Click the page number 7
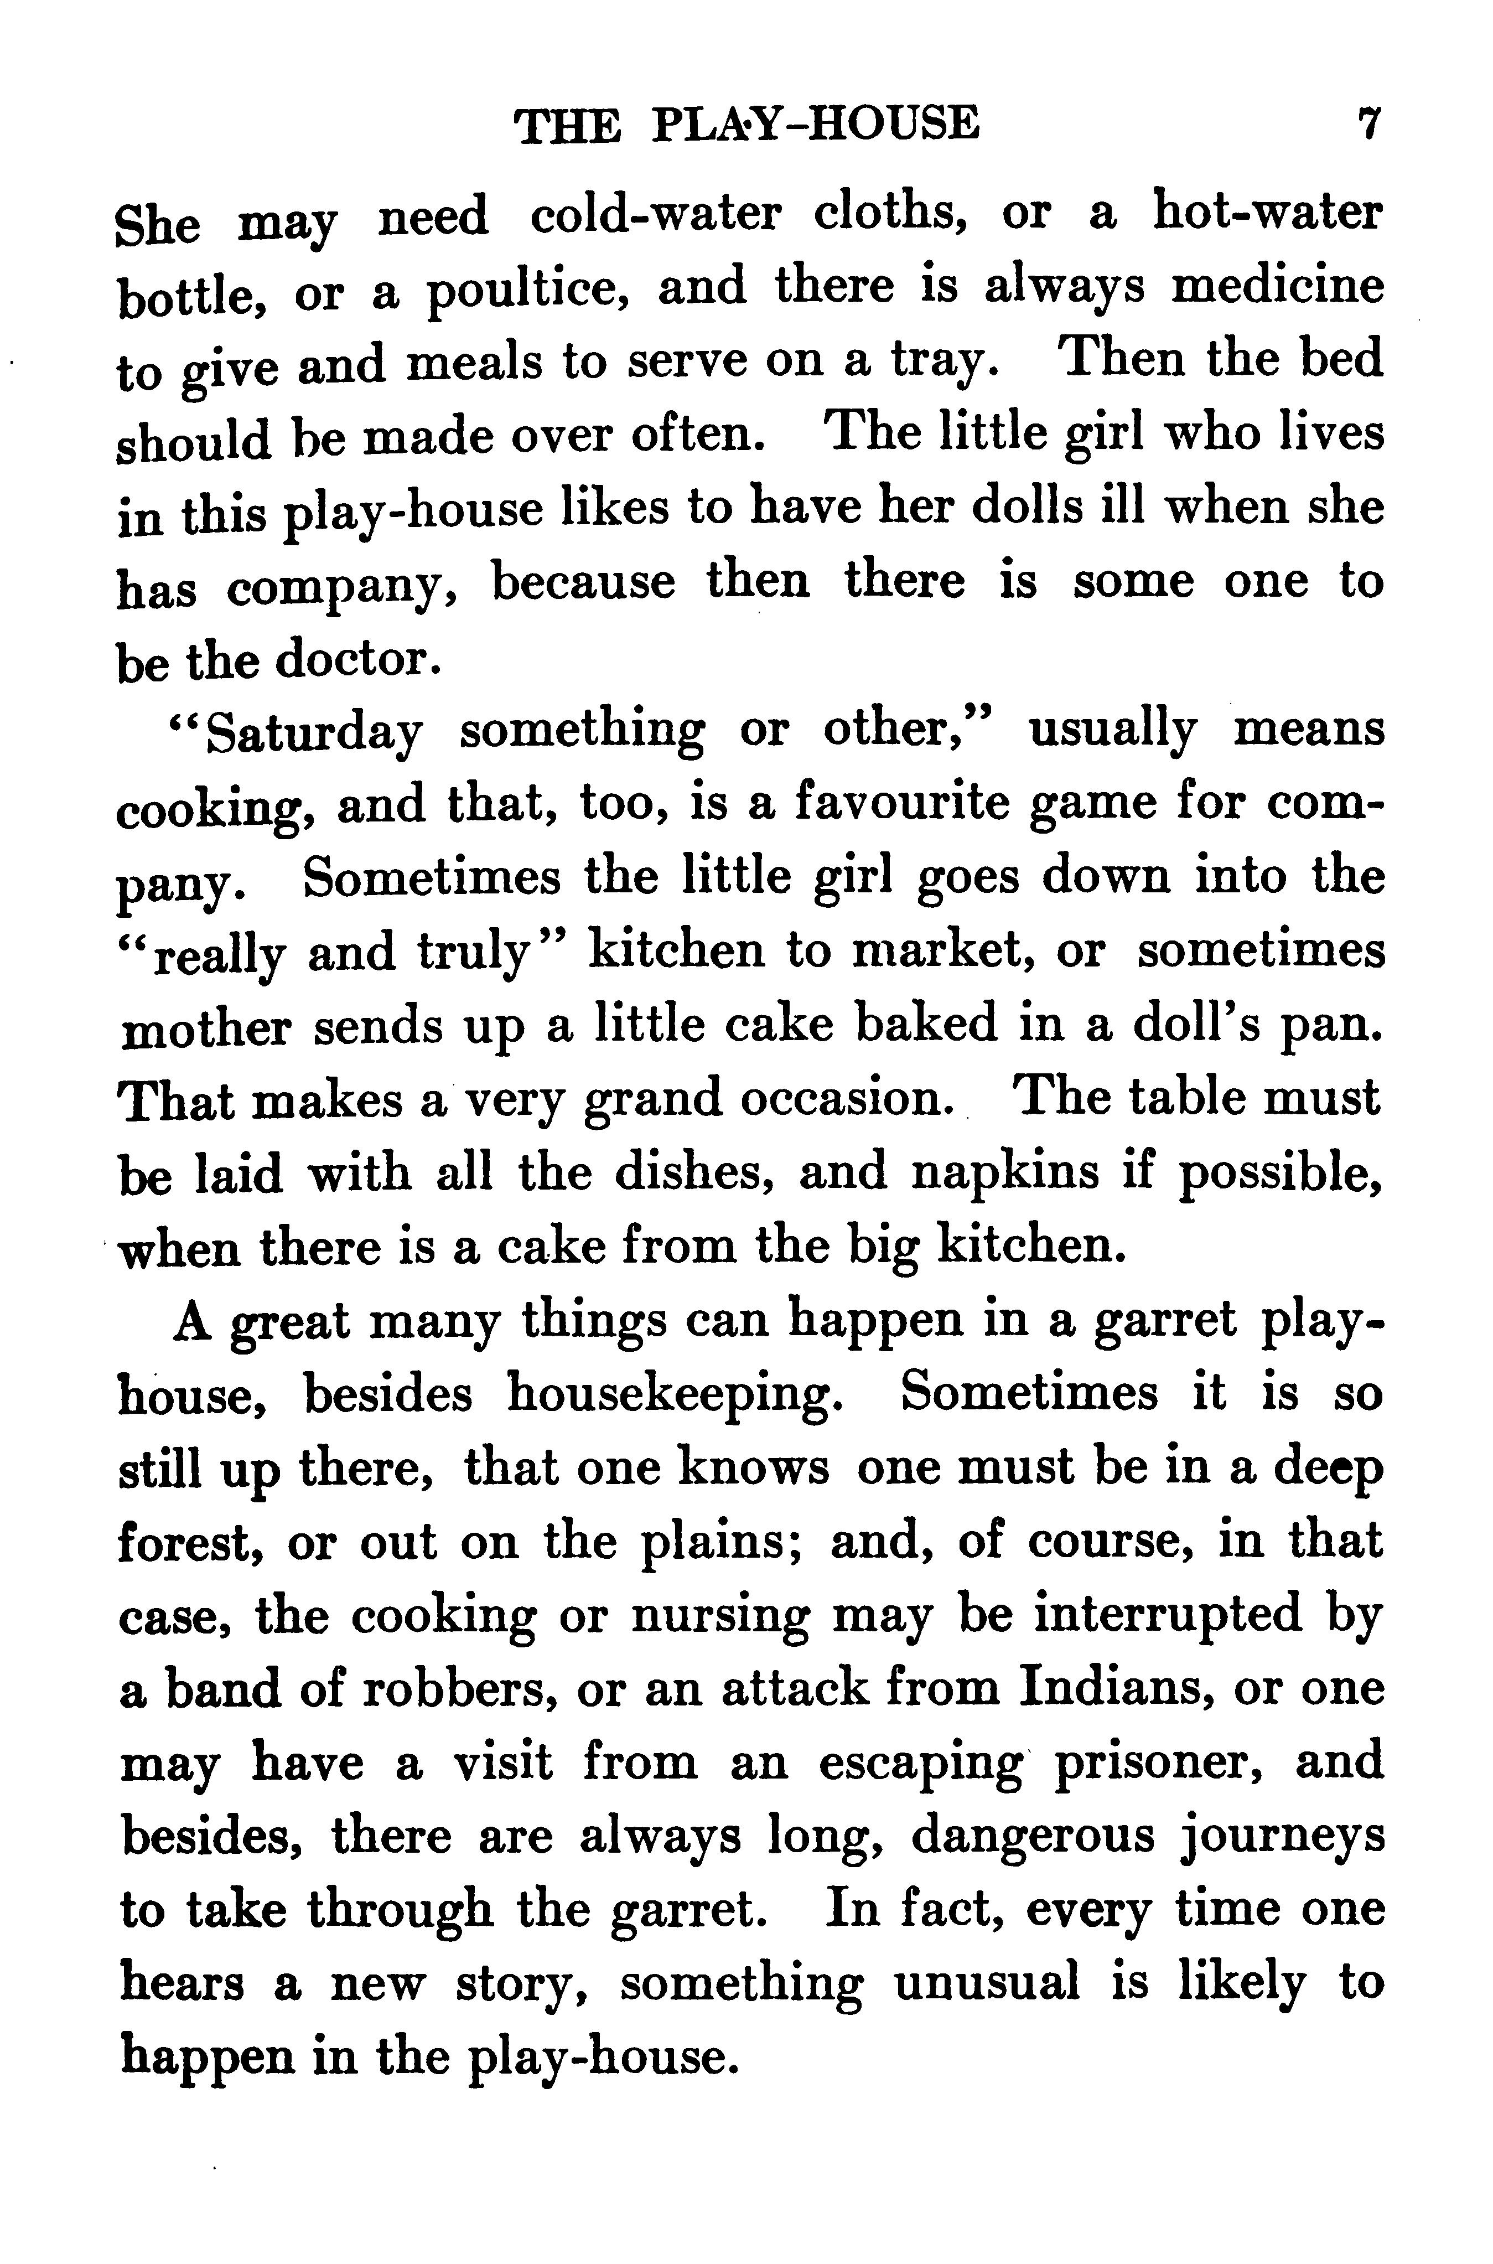click(x=1369, y=124)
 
